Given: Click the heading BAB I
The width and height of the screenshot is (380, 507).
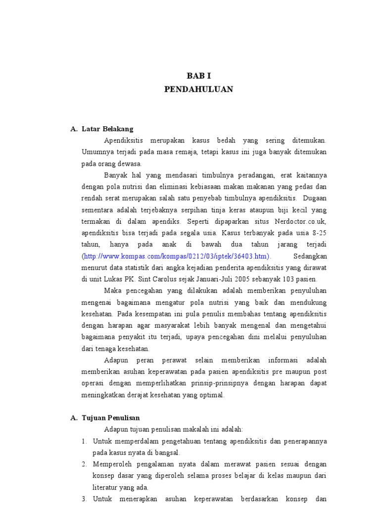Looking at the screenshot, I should (x=198, y=76).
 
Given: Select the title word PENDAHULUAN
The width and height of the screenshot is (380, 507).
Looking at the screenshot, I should (x=198, y=89).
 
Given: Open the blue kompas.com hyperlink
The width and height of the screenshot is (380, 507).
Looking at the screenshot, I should (x=177, y=256).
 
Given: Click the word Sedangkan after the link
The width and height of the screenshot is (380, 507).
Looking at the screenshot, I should (x=310, y=256).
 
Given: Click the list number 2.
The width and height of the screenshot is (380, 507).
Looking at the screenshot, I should (x=84, y=464).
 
